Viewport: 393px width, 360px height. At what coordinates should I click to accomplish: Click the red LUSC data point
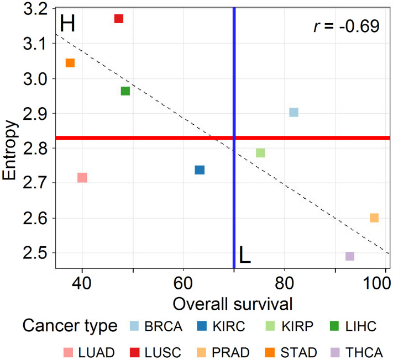coord(118,19)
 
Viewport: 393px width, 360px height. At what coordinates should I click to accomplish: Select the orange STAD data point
coord(70,63)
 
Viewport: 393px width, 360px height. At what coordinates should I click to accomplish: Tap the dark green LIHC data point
coord(125,91)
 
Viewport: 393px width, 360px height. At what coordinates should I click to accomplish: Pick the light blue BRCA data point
coord(294,113)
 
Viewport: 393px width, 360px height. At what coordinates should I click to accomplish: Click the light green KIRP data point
coord(260,153)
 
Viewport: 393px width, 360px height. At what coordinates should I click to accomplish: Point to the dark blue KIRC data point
coord(200,170)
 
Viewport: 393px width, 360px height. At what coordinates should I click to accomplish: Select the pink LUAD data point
coord(82,178)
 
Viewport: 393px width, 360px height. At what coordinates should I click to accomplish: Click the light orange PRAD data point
coord(374,218)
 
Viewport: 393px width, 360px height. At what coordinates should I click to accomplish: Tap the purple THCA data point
coord(350,256)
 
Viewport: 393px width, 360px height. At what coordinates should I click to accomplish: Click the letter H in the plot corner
coord(67,23)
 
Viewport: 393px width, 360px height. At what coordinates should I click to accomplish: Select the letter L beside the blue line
coord(244,255)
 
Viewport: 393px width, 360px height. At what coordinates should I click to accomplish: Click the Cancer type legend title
coord(70,326)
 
